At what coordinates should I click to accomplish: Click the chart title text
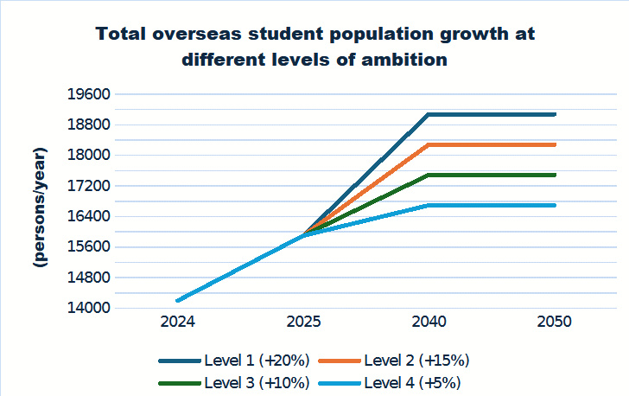click(314, 47)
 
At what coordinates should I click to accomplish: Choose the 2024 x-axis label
click(178, 323)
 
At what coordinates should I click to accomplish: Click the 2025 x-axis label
click(304, 323)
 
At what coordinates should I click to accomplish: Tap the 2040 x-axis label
click(429, 323)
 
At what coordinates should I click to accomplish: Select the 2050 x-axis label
click(555, 323)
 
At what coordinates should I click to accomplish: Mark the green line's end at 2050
click(555, 175)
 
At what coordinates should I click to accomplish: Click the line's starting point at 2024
click(178, 300)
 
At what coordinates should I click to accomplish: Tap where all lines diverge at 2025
click(304, 234)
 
